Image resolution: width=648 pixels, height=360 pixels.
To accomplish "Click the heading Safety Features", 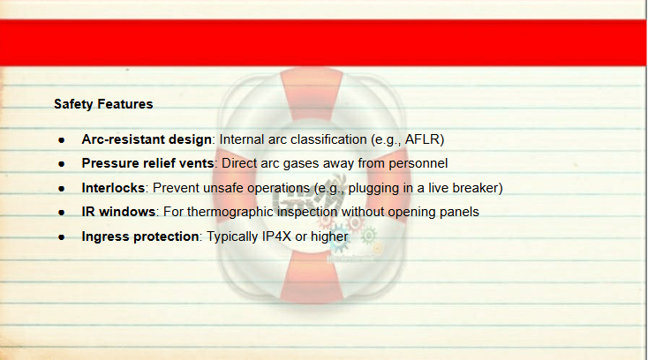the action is tap(103, 104).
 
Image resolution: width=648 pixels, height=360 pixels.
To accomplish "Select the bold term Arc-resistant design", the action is tap(147, 139).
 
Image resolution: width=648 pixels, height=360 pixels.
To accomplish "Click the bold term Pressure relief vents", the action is tap(147, 163).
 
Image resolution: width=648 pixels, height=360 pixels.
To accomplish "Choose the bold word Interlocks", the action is tap(113, 188).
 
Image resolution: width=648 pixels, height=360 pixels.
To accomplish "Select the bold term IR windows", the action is tap(118, 212).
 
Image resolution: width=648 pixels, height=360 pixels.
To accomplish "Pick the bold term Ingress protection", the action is tap(140, 236).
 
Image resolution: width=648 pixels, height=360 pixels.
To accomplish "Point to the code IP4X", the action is tap(277, 236).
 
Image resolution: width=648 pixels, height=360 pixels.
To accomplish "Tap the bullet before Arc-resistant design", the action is tap(62, 140).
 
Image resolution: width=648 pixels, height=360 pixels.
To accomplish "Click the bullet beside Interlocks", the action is tap(62, 189).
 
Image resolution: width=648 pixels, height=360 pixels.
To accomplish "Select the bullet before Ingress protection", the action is tap(62, 237).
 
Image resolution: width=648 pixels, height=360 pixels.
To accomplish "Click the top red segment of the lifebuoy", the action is tap(311, 92).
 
